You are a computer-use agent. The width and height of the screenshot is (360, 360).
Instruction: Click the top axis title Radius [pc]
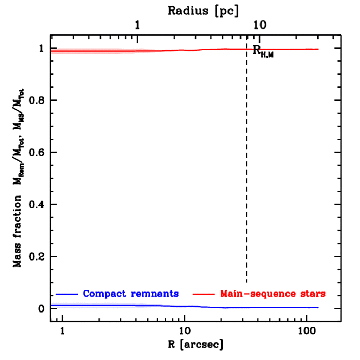pos(203,11)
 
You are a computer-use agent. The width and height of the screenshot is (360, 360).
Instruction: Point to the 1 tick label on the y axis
pos(41,48)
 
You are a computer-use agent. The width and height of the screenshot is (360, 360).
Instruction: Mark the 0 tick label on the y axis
pos(41,308)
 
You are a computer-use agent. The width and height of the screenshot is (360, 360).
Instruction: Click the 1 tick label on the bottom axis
pos(63,331)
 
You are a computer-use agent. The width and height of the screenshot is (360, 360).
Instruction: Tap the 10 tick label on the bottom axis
pos(185,331)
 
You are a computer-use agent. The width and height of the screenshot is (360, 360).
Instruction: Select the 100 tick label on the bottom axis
pos(307,331)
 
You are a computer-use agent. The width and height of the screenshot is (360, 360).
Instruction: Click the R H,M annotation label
pos(263,51)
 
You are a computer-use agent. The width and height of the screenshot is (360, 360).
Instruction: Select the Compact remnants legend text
pos(131,294)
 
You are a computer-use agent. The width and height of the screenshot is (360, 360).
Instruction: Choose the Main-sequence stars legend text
pos(273,294)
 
